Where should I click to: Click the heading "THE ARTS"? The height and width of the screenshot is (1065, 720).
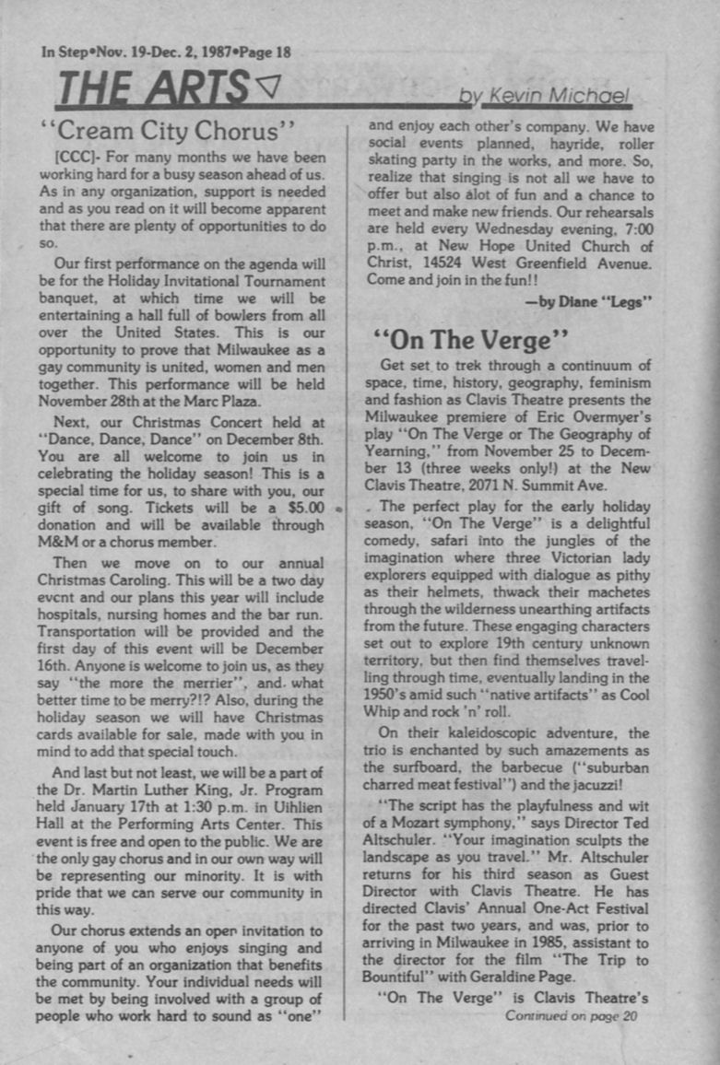click(153, 89)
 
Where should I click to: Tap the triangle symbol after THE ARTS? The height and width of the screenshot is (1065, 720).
click(266, 88)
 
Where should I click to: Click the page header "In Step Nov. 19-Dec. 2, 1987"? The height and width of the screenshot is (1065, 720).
click(166, 52)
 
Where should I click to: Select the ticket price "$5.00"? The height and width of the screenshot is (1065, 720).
click(301, 506)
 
